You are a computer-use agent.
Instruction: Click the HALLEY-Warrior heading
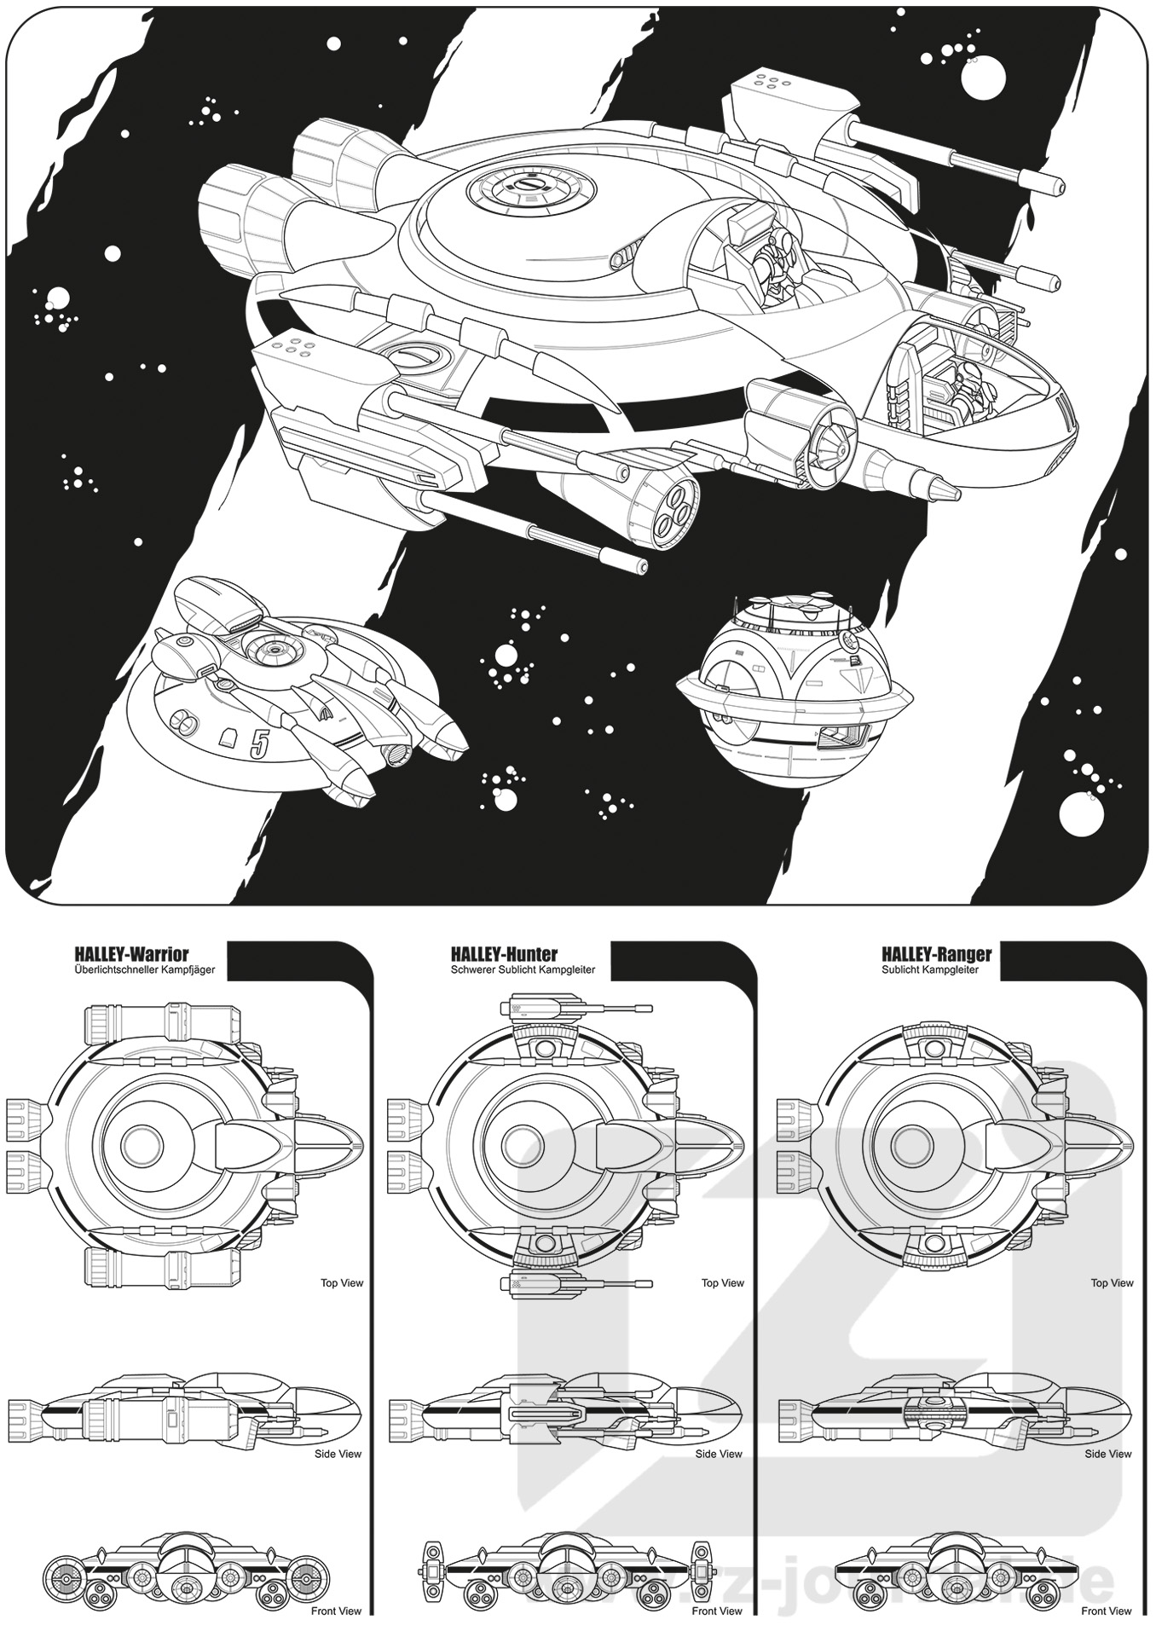pyautogui.click(x=131, y=954)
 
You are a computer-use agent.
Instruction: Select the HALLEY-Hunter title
pyautogui.click(x=504, y=954)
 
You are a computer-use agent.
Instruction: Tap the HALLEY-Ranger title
pyautogui.click(x=936, y=954)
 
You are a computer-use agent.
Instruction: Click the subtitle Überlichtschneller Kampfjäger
pyautogui.click(x=144, y=970)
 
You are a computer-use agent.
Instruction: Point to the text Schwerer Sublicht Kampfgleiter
pyautogui.click(x=523, y=970)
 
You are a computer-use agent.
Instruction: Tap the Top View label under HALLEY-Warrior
pyautogui.click(x=341, y=1283)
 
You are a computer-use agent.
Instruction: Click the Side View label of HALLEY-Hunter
pyautogui.click(x=719, y=1455)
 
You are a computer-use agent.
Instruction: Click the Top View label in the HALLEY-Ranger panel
pyautogui.click(x=1112, y=1283)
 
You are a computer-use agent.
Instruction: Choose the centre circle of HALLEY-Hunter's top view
pyautogui.click(x=519, y=1142)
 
